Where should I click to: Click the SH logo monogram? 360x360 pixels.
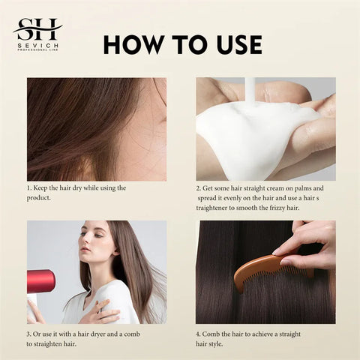[x=37, y=30]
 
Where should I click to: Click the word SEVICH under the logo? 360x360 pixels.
[x=37, y=46]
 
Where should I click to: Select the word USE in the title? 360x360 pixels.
[x=235, y=44]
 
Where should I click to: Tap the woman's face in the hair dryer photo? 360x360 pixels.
[x=97, y=244]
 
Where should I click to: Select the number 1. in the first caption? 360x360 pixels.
[x=30, y=187]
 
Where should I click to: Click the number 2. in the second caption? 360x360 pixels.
[x=199, y=187]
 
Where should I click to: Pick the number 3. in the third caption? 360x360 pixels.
[x=30, y=333]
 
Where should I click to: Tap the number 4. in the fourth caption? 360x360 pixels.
[x=199, y=333]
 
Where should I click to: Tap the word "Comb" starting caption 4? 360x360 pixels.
[x=216, y=333]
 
